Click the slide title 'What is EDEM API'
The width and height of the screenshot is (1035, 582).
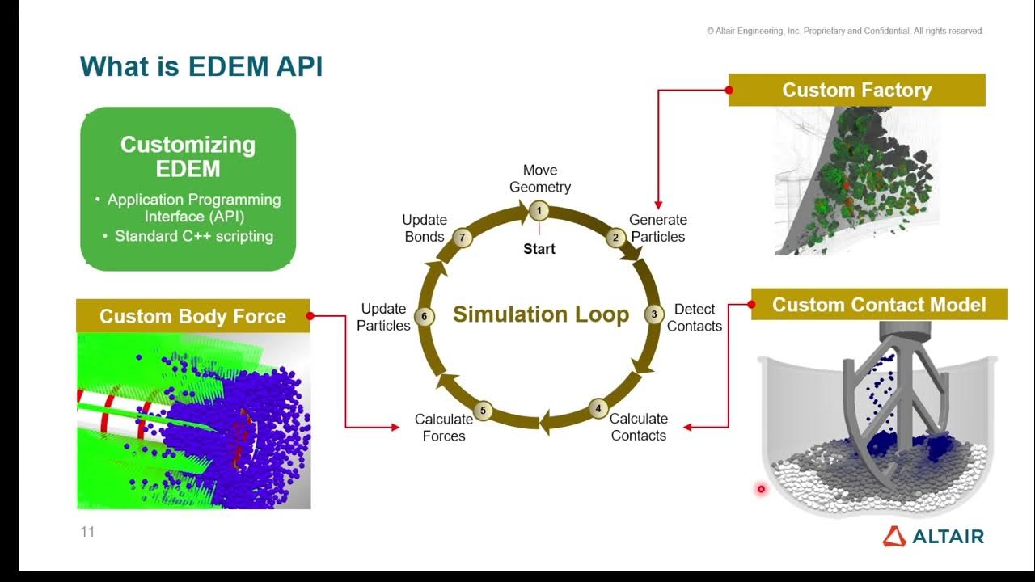click(201, 66)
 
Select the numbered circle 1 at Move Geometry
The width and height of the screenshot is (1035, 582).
click(539, 212)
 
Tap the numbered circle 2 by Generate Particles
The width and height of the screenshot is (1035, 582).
click(615, 237)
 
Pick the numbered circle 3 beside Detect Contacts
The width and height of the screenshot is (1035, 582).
click(653, 314)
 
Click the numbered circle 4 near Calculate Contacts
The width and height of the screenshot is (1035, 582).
click(598, 408)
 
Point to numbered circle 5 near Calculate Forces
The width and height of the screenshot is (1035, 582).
click(483, 411)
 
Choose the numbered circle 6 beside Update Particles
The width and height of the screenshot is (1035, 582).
click(425, 317)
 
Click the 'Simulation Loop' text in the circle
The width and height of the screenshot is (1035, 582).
click(540, 314)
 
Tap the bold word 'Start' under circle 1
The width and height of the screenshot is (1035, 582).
click(539, 249)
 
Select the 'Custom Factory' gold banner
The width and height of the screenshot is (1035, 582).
click(856, 90)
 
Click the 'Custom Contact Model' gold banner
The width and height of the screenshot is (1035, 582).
click(879, 304)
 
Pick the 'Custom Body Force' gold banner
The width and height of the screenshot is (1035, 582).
click(192, 316)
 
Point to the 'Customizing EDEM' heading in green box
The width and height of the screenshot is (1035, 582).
click(188, 156)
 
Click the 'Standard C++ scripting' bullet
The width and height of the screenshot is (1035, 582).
click(193, 236)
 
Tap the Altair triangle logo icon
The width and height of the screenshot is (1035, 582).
click(893, 536)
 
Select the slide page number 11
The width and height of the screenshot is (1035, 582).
click(87, 532)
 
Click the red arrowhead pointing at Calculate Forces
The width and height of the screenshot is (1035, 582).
click(395, 427)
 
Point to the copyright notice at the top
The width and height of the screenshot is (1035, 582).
click(844, 31)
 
